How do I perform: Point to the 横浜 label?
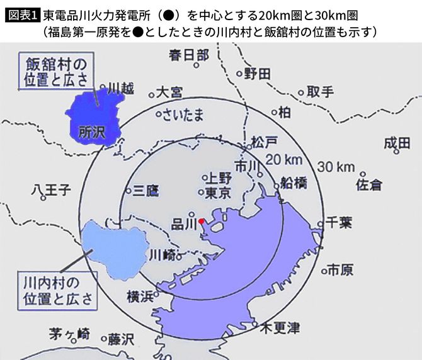pyautogui.click(x=140, y=296)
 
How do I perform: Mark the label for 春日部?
pyautogui.click(x=188, y=55)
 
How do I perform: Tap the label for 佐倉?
pyautogui.click(x=370, y=185)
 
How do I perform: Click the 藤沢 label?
pyautogui.click(x=121, y=339)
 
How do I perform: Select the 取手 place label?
pyautogui.click(x=320, y=92)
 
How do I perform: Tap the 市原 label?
pyautogui.click(x=340, y=269)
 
